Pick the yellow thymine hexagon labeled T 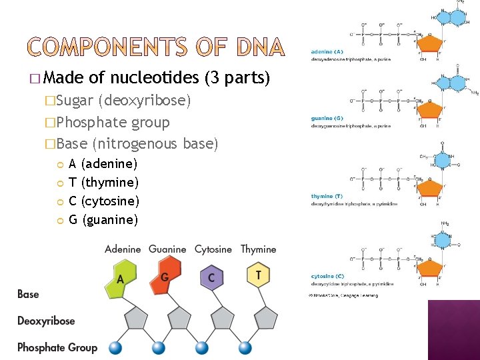(x=258, y=275)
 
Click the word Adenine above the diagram (x=123, y=249)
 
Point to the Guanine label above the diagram (x=167, y=249)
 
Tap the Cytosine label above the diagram (x=213, y=249)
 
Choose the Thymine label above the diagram (x=258, y=249)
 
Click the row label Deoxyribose (x=46, y=321)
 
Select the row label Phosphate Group (x=57, y=347)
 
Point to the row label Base (x=28, y=294)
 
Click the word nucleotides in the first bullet (x=154, y=79)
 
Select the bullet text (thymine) (x=110, y=182)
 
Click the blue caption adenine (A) (x=327, y=51)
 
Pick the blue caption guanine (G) (x=327, y=119)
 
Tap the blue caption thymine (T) (x=327, y=196)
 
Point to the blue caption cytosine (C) (x=327, y=276)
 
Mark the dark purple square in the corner (x=453, y=329)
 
